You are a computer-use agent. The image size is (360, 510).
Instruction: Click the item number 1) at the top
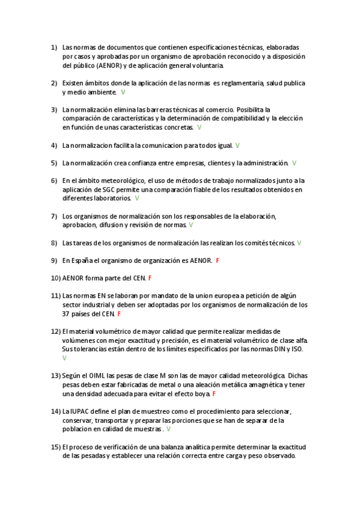click(53, 47)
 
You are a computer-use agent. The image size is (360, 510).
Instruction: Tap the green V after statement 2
click(123, 92)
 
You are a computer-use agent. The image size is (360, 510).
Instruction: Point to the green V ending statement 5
click(294, 163)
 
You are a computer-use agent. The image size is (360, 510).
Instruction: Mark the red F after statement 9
click(217, 260)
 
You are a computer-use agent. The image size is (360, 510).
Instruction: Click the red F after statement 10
click(150, 278)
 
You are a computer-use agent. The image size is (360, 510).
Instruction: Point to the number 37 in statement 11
click(66, 313)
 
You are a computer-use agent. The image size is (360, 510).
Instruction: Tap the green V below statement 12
click(64, 358)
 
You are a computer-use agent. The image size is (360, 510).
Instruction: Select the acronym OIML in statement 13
click(97, 375)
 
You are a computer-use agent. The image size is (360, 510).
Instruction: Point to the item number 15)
click(55, 447)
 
